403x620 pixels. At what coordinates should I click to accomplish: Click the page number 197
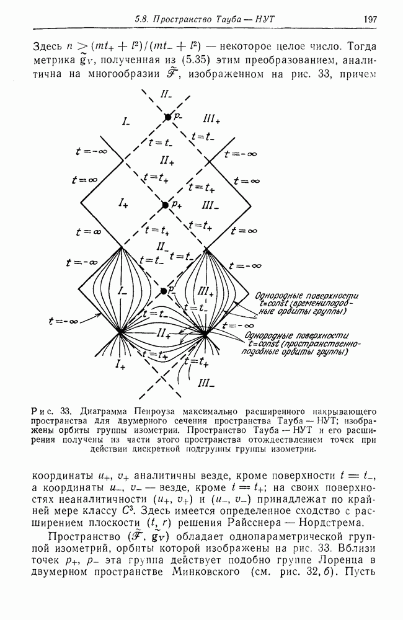click(x=370, y=20)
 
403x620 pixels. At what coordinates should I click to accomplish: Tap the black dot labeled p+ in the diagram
click(x=165, y=205)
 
